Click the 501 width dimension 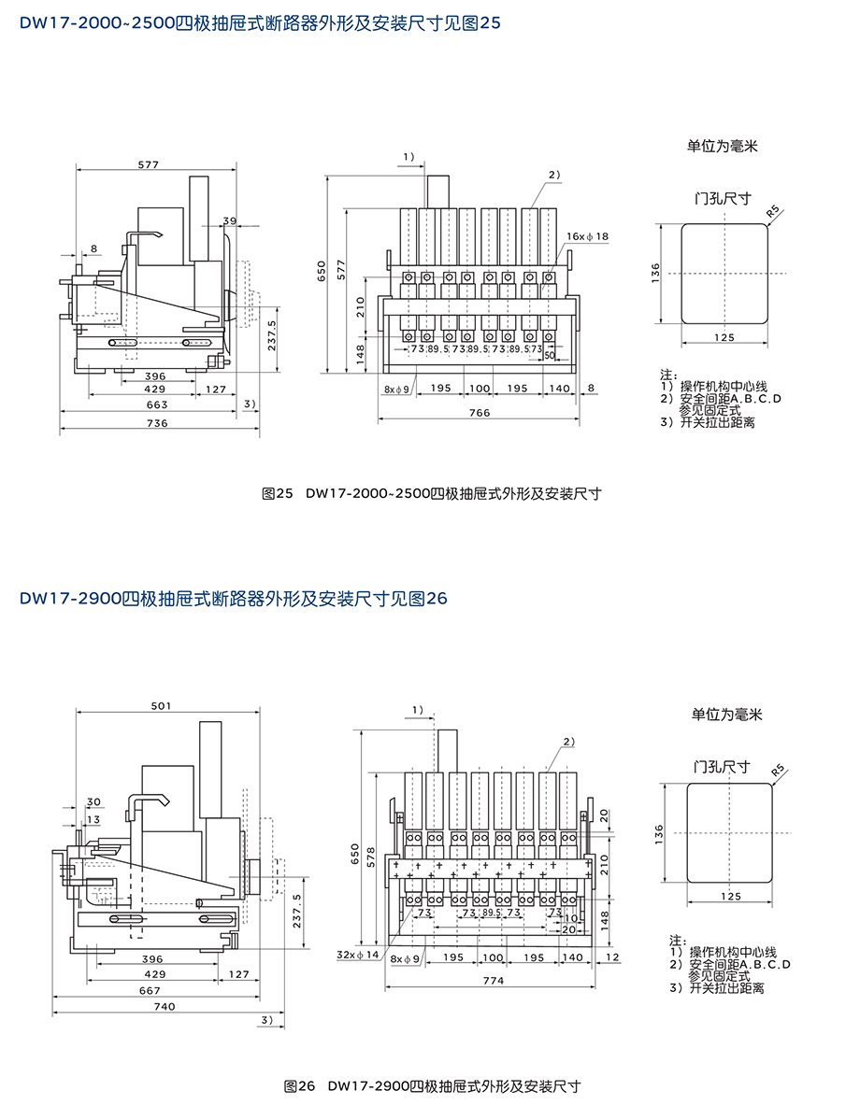pos(160,705)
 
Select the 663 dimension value pos(157,404)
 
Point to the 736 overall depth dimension pos(157,423)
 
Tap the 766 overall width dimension pos(479,412)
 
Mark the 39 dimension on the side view pos(230,220)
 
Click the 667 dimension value pos(150,991)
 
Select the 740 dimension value pos(164,1006)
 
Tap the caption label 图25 pos(279,493)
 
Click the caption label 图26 pos(301,1086)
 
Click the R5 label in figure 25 pos(773,213)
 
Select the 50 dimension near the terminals pos(549,357)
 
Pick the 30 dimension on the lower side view pos(93,801)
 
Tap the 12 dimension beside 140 pos(612,957)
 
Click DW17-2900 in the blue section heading pos(70,599)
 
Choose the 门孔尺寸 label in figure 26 pos(722,767)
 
